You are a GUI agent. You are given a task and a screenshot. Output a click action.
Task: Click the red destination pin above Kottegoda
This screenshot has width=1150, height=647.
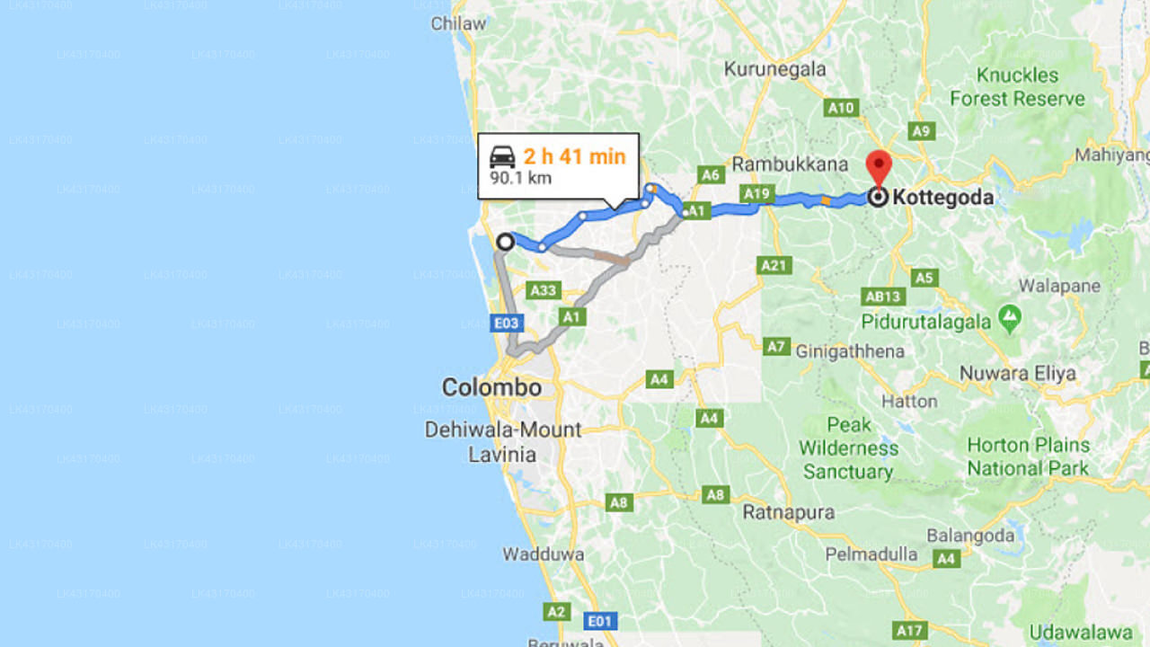[x=878, y=167]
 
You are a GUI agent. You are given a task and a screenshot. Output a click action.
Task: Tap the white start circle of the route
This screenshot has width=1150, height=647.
[x=505, y=242]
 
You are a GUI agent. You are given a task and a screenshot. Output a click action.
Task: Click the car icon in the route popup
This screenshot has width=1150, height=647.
[x=502, y=157]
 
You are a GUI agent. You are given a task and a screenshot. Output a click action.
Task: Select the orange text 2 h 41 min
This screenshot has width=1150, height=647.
[x=574, y=156]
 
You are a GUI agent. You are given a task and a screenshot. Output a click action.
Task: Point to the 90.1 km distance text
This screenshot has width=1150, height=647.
[x=520, y=178]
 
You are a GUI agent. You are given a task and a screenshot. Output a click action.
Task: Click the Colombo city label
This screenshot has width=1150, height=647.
[x=491, y=387]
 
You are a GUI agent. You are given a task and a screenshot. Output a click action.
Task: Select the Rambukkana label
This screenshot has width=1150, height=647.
[x=790, y=164]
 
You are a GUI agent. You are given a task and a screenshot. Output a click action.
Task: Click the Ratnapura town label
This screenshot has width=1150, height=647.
[x=789, y=512]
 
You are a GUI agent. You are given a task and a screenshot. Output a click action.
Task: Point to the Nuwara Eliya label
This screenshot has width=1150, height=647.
[x=1017, y=373]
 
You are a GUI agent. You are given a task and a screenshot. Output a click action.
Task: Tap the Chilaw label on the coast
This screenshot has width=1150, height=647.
[x=458, y=23]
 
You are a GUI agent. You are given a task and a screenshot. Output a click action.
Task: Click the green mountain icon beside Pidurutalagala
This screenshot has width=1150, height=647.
[x=1010, y=319]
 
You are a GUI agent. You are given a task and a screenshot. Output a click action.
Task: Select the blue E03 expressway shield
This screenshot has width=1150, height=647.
[x=507, y=323]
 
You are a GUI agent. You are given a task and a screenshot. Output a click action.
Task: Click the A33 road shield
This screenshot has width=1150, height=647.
[x=544, y=290]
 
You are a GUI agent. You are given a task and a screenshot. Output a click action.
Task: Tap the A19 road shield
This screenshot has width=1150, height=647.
[x=756, y=193]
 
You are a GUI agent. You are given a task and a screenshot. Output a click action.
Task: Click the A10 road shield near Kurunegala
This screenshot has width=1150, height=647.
[x=841, y=108]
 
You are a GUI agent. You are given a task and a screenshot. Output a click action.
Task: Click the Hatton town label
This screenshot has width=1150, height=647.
[x=909, y=401]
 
